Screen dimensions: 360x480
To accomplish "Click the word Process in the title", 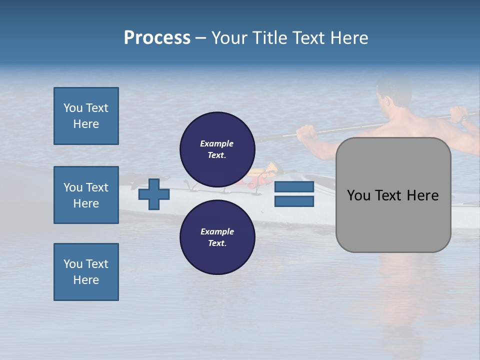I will pyautogui.click(x=157, y=38).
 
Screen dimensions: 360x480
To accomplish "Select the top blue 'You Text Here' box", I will pyautogui.click(x=86, y=116).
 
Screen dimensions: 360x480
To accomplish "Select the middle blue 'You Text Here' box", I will pyautogui.click(x=86, y=195).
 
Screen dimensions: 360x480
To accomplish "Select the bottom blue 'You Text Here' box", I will pyautogui.click(x=86, y=272).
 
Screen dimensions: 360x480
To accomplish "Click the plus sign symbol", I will pyautogui.click(x=154, y=194).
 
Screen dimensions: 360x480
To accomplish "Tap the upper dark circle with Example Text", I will pyautogui.click(x=217, y=149).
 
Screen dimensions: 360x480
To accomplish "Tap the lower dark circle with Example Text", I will pyautogui.click(x=217, y=237).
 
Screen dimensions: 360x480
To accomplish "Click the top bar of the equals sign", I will pyautogui.click(x=294, y=187).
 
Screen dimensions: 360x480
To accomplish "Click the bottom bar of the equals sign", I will pyautogui.click(x=294, y=201).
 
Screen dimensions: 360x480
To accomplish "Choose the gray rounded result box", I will pyautogui.click(x=393, y=195).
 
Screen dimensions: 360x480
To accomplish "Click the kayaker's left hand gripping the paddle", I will pyautogui.click(x=306, y=132).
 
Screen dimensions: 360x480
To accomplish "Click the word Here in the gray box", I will pyautogui.click(x=422, y=195).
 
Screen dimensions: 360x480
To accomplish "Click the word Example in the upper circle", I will pyautogui.click(x=217, y=143).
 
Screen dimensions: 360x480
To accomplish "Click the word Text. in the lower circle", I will pyautogui.click(x=217, y=243).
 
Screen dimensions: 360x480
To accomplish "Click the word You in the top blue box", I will pyautogui.click(x=72, y=108).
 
